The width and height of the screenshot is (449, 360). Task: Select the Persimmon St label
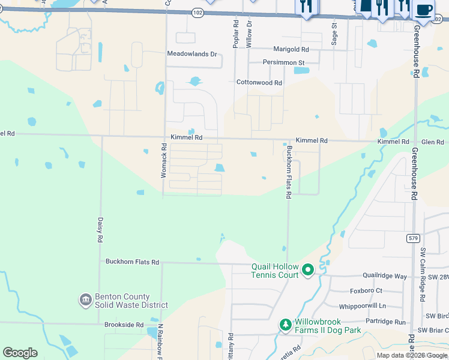[284, 62]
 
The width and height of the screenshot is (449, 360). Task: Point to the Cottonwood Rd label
[259, 83]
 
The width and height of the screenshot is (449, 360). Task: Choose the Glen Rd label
[432, 142]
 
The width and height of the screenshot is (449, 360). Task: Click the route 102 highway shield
[197, 12]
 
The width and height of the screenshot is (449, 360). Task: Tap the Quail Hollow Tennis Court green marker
[308, 271]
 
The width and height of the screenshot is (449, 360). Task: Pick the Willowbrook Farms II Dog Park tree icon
[286, 325]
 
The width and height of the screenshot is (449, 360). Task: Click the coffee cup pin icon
[424, 10]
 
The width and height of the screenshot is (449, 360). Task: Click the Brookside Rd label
[124, 325]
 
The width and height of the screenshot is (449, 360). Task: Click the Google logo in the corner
[20, 352]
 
